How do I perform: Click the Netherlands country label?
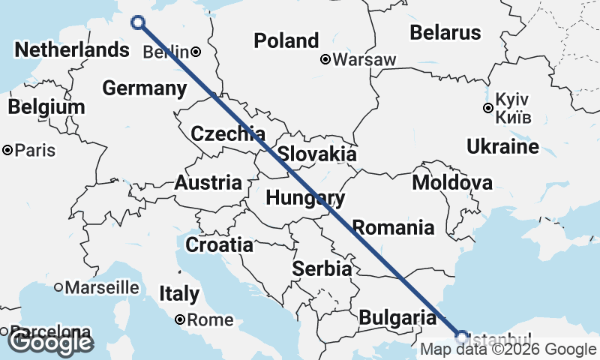point(71,50)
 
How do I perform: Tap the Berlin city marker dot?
point(195,52)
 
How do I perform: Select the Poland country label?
point(286,40)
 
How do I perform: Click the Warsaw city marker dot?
point(325,59)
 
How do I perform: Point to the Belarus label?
point(445,32)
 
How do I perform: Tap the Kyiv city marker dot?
point(488,108)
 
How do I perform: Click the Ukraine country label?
point(502,146)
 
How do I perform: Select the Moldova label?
point(452,182)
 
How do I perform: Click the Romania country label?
point(393,226)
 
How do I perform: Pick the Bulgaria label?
point(397,318)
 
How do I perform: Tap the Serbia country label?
point(322,268)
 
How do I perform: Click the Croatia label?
point(219,244)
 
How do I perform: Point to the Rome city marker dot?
point(180,319)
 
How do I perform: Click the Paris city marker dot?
point(7,151)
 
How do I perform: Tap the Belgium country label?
point(46,107)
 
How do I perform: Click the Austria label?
point(208,182)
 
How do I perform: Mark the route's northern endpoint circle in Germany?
point(138,22)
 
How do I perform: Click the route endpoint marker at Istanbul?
point(462,336)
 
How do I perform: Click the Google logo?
point(49,342)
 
